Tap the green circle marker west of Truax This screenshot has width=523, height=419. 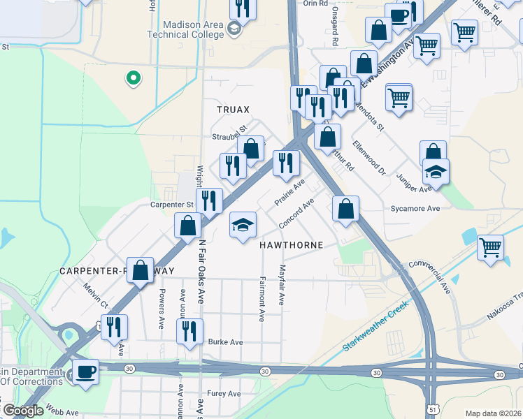(x=131, y=78)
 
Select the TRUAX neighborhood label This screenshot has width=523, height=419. (x=233, y=110)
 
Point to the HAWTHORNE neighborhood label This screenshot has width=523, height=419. (x=292, y=246)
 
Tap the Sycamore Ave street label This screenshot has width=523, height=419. (x=415, y=208)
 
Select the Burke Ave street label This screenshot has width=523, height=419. (x=225, y=342)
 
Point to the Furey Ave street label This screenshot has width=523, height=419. (x=224, y=394)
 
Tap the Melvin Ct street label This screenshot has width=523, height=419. (x=96, y=295)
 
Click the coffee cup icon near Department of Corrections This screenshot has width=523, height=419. (x=86, y=371)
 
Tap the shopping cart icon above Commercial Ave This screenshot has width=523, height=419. (x=491, y=246)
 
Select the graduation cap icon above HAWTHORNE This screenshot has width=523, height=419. (x=243, y=224)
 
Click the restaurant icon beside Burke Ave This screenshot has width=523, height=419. (x=189, y=330)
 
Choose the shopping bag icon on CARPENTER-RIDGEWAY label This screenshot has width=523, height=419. (x=140, y=271)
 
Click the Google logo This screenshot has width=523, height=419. (x=24, y=411)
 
